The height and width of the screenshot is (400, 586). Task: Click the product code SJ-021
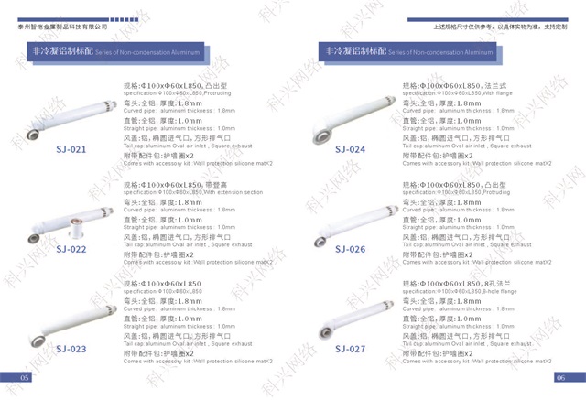[71, 149]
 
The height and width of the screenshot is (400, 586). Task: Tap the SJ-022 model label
[71, 249]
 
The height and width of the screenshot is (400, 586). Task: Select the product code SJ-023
[71, 349]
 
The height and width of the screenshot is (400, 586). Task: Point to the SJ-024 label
[350, 149]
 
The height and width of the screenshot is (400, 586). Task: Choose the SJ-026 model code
[350, 249]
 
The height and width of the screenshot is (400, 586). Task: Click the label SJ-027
[350, 349]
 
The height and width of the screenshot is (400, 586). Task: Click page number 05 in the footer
[26, 377]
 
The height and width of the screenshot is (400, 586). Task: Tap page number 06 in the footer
[559, 377]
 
